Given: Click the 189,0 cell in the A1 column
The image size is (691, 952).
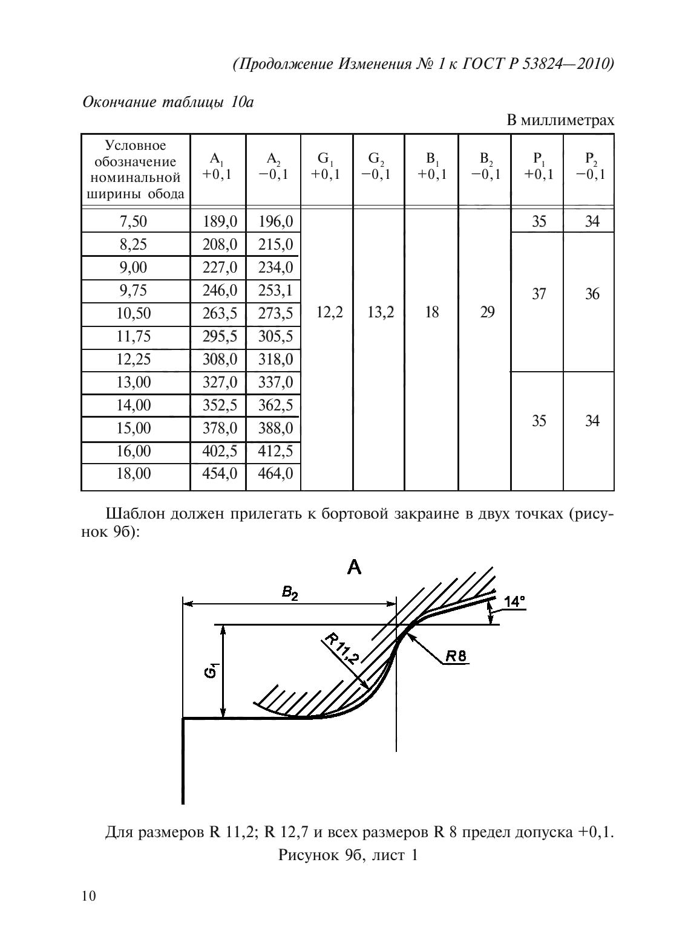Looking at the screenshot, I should click(x=219, y=222).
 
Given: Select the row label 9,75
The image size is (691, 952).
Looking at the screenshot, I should click(x=133, y=291).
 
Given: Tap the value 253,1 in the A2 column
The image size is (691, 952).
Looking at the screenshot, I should click(x=275, y=291).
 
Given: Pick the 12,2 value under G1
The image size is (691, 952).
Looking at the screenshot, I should click(x=330, y=312).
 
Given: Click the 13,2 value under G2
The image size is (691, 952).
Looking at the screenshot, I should click(x=381, y=312).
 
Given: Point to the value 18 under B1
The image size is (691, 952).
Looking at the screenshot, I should click(x=432, y=312).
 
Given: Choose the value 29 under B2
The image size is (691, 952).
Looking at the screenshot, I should click(x=486, y=312).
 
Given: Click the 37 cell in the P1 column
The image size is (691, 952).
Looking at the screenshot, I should click(x=539, y=294).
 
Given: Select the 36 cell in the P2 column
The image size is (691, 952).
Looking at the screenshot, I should click(x=592, y=294).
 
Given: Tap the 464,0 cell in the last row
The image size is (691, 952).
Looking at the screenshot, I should click(x=275, y=474).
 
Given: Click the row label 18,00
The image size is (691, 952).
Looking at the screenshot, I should click(x=133, y=474).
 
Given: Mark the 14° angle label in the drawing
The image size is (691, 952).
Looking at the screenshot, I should click(x=514, y=602).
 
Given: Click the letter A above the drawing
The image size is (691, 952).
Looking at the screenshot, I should click(x=354, y=567).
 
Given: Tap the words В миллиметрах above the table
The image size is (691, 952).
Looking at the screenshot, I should click(x=560, y=120).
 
